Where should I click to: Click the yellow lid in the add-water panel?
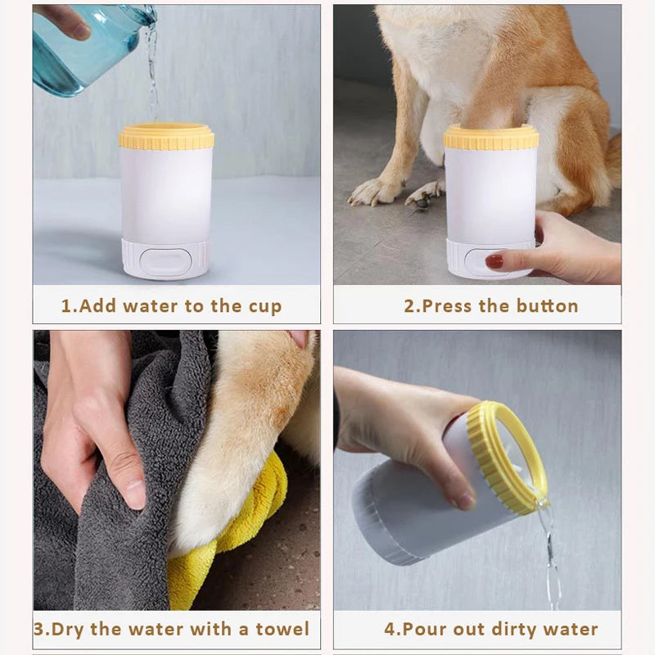click(166, 136)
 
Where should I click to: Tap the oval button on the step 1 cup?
click(165, 260)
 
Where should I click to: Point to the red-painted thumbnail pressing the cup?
click(495, 261)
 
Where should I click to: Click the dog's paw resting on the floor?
click(373, 192)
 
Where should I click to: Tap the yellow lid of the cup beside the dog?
click(491, 137)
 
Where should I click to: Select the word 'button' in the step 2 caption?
click(548, 307)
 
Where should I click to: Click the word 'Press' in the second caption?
click(449, 307)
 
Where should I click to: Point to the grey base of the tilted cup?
click(377, 524)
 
